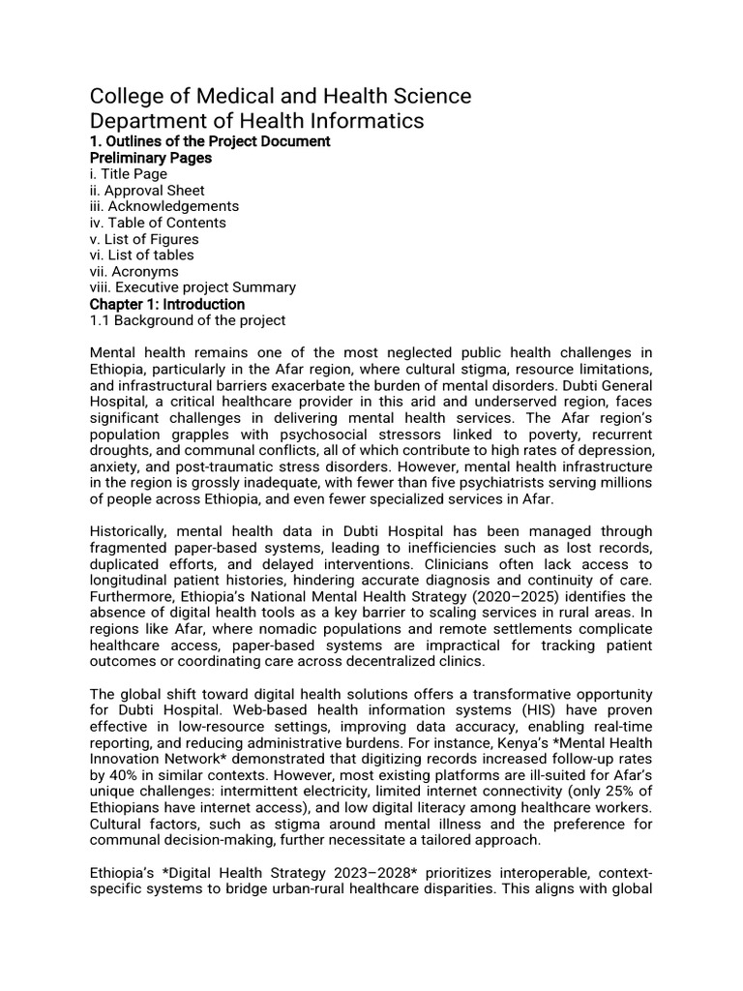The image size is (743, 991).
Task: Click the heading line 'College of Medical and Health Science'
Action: click(x=281, y=96)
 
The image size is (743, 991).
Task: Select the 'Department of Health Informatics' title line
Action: click(x=256, y=121)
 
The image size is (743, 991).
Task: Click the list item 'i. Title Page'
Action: click(x=129, y=174)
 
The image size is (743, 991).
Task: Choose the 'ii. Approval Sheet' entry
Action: click(x=147, y=191)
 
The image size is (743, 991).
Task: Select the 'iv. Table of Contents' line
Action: click(x=158, y=223)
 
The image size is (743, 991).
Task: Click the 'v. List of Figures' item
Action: click(x=144, y=239)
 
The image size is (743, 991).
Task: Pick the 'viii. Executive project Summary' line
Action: click(x=193, y=287)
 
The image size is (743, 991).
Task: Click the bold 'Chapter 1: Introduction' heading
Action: click(x=167, y=304)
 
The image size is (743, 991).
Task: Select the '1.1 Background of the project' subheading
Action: click(x=188, y=320)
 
